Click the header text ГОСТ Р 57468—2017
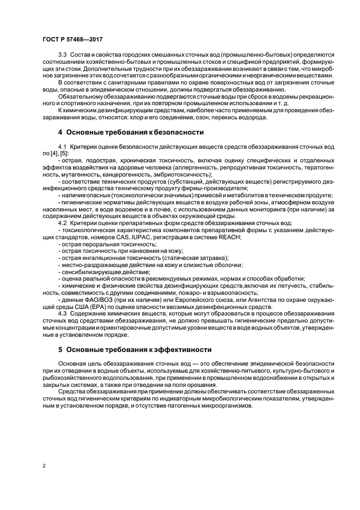72,40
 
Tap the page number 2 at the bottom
43,466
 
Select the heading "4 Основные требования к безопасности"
131,132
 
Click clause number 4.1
63,148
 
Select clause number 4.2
63,223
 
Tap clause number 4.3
63,313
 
